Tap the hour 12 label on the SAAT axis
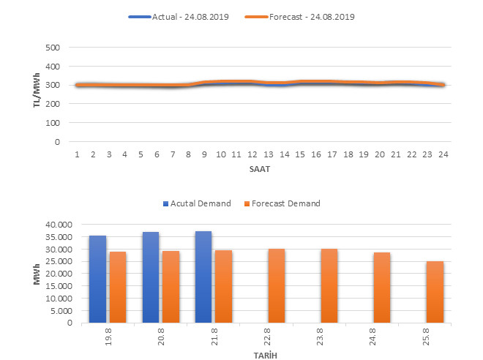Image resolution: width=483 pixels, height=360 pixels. point(251,156)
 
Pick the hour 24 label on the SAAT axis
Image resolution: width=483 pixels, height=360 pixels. point(442,156)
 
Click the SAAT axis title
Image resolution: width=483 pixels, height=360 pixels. point(259,169)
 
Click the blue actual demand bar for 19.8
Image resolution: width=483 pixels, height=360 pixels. point(97,279)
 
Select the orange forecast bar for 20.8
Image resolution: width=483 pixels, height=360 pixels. point(171,287)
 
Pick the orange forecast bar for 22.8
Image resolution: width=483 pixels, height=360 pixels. point(277,285)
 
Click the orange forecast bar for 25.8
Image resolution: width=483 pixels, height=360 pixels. point(435,292)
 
